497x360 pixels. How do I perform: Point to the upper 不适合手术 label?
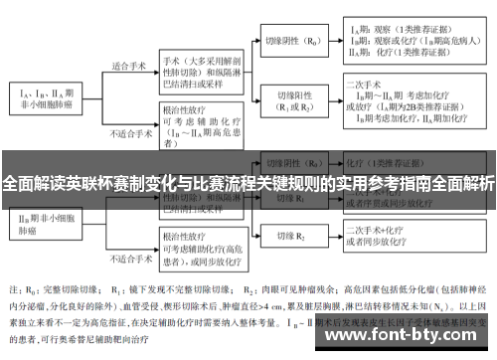[x=129, y=131]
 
